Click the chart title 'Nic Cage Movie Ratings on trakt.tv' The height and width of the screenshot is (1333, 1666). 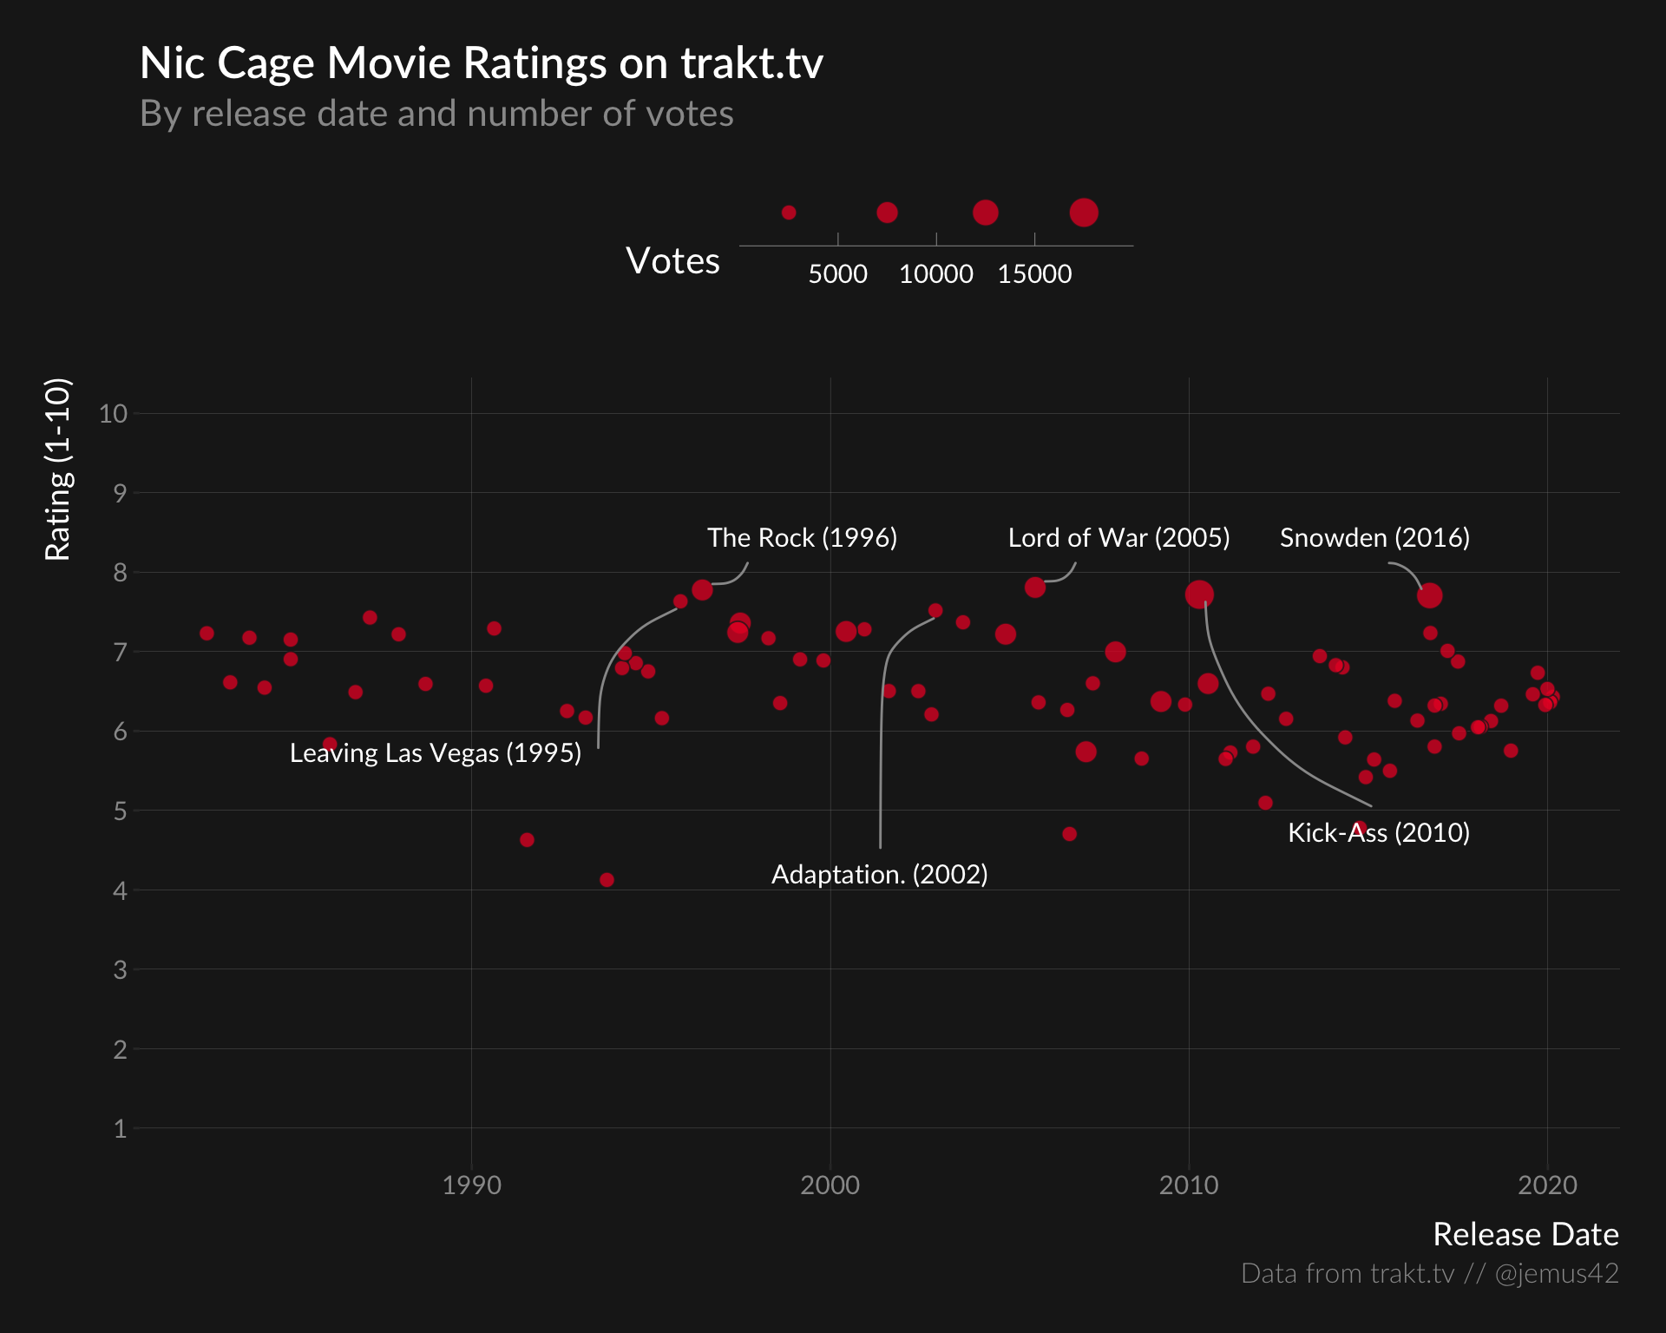point(481,63)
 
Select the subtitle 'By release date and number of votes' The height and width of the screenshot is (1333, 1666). point(436,114)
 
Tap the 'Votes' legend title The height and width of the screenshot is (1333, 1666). point(672,260)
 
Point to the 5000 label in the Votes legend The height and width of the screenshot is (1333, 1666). point(837,274)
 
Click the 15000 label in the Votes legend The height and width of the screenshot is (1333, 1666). point(1034,274)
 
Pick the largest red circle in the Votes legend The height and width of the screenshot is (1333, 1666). point(1083,213)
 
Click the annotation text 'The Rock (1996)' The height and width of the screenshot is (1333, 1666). point(802,538)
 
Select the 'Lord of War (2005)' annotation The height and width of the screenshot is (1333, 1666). point(1118,538)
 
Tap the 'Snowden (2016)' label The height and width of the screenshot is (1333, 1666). point(1374,538)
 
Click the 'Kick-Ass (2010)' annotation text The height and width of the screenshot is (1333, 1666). point(1378,833)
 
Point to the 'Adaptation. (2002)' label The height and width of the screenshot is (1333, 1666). point(879,875)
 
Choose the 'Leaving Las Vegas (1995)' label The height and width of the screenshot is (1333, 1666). point(435,753)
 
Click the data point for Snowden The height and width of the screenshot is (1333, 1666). point(1429,595)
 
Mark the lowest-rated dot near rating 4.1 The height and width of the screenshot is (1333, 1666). point(607,880)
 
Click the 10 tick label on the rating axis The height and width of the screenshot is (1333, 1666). point(113,414)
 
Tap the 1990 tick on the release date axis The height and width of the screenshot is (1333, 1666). point(471,1185)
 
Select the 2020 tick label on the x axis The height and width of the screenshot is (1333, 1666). point(1546,1185)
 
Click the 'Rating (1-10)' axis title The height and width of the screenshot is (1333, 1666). point(57,470)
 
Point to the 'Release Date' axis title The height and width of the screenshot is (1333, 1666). point(1525,1234)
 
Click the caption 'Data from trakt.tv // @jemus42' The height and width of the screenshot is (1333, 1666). point(1429,1273)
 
